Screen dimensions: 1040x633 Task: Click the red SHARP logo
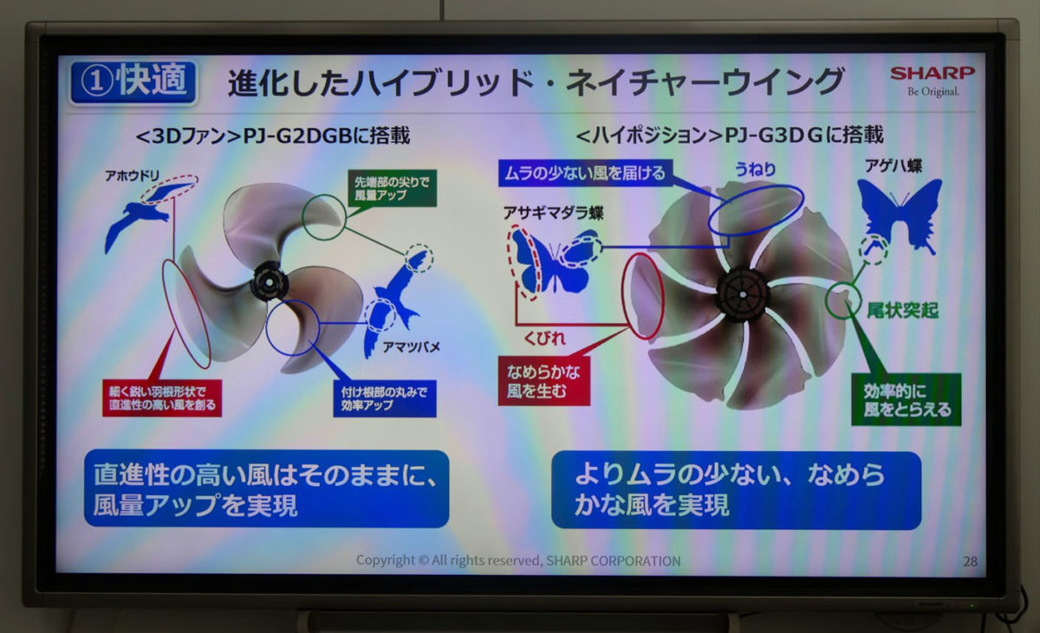pos(933,74)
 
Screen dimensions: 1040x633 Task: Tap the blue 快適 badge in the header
pos(133,81)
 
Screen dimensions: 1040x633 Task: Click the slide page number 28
pos(970,562)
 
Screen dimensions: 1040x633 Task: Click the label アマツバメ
pos(411,347)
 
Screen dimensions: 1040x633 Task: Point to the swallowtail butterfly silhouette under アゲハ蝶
pos(900,214)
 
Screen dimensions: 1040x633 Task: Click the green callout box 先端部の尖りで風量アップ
pos(393,188)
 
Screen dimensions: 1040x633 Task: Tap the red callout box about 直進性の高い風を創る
pos(162,398)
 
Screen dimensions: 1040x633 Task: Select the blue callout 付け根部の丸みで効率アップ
pos(385,399)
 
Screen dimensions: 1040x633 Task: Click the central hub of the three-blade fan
pos(270,281)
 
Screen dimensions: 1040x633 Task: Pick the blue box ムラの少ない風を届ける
pos(586,173)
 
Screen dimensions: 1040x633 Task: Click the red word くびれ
pos(544,338)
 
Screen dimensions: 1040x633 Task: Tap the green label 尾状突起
pos(902,311)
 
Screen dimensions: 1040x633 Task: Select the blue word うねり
pos(756,169)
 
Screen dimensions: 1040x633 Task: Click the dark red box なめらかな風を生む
pos(544,381)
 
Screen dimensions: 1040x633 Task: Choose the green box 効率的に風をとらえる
pos(907,400)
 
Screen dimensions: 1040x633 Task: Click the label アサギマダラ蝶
pos(554,213)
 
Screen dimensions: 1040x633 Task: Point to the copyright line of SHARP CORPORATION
pos(518,560)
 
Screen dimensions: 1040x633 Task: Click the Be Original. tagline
pos(933,91)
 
